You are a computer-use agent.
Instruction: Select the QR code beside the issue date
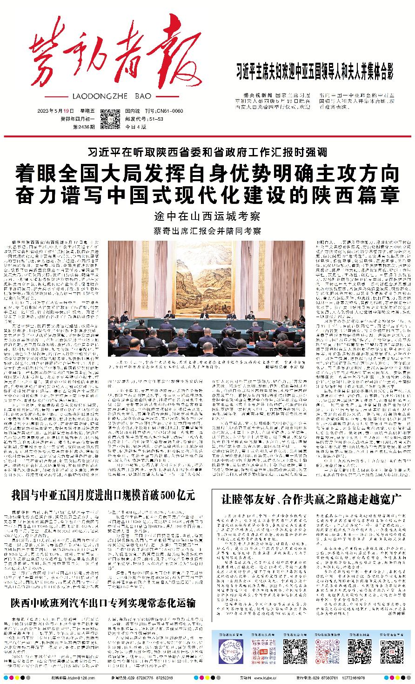click(x=110, y=119)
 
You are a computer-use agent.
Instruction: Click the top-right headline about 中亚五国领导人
click(x=315, y=74)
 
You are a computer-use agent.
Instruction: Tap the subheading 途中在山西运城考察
click(x=207, y=217)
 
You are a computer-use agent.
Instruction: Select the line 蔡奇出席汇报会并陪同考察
click(x=207, y=231)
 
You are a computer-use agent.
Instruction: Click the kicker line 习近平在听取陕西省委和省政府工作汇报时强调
click(x=207, y=152)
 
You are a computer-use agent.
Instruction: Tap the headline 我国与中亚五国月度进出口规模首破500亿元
click(x=103, y=495)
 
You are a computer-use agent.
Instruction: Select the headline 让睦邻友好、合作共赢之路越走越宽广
click(x=311, y=500)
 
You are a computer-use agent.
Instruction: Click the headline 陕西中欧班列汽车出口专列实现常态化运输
click(x=103, y=603)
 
